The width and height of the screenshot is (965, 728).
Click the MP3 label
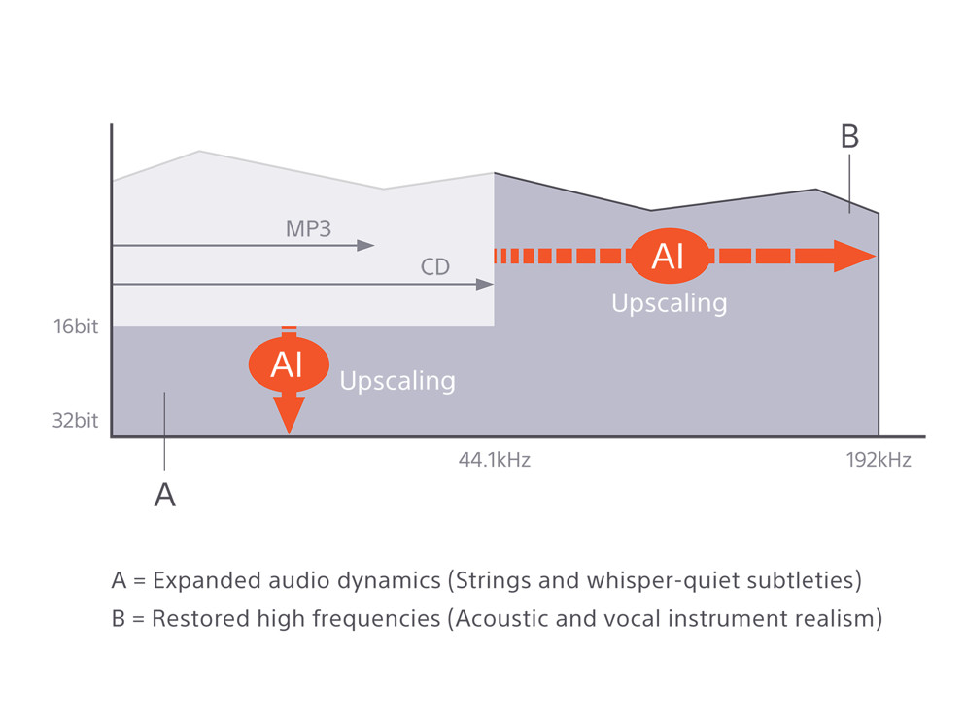pos(308,229)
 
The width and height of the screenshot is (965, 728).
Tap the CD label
pos(435,266)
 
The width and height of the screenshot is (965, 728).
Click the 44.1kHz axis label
pos(494,460)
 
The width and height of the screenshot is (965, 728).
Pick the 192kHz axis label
pos(879,460)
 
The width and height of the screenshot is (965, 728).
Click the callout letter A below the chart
pos(165,495)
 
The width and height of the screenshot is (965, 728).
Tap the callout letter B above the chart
pos(849,137)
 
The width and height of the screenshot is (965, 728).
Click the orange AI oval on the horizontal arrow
pos(669,256)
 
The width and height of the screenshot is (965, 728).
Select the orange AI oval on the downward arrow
pos(288,364)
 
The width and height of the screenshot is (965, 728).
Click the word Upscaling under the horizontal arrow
pos(669,303)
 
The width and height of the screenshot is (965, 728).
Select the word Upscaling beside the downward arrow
pos(397,380)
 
